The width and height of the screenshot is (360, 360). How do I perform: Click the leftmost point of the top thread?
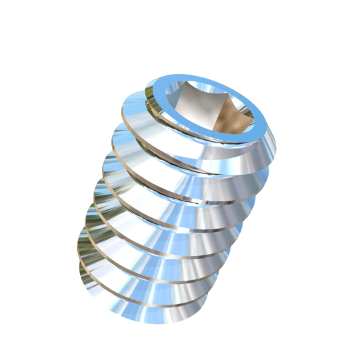click(121, 107)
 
